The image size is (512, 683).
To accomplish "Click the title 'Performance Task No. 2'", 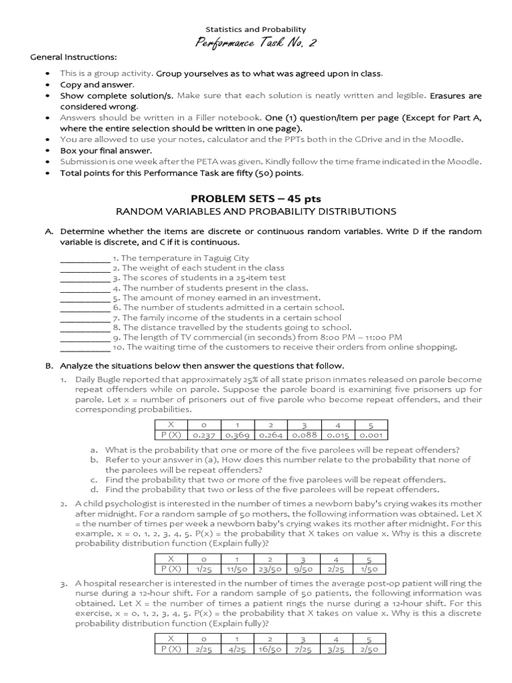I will [256, 43].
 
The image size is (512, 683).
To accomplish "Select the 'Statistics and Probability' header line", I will [256, 29].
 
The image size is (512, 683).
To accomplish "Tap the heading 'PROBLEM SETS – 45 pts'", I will [256, 199].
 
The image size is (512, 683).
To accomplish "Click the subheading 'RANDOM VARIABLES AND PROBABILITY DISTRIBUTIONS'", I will [256, 211].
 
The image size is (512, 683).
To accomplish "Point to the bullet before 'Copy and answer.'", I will [46, 85].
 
